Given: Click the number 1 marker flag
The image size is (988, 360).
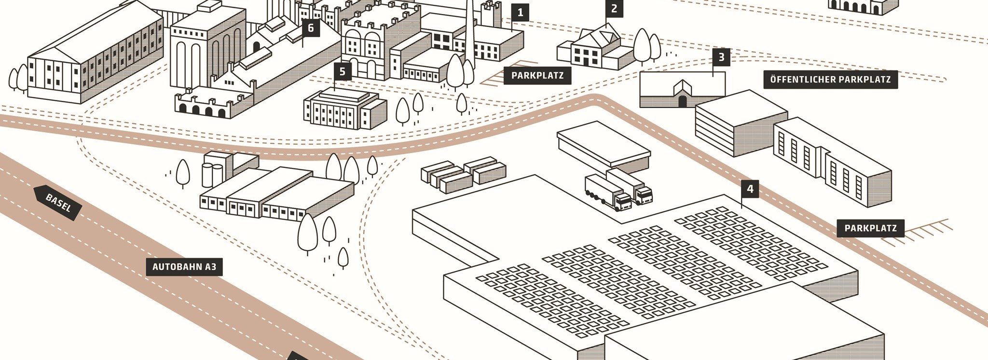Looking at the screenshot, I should (x=520, y=13).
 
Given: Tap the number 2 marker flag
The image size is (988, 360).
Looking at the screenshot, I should (x=614, y=9).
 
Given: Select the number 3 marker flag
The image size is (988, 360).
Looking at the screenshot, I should (x=721, y=57).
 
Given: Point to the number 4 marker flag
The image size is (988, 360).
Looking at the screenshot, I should (x=750, y=189).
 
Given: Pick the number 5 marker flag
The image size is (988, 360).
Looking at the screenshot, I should (x=343, y=72).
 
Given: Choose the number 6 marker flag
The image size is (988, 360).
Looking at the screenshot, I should (x=311, y=28).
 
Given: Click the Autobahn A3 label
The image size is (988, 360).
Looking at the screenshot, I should (x=184, y=267).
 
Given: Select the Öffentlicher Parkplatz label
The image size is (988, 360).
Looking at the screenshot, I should (x=830, y=80).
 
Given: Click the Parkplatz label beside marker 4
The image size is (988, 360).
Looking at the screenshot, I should (x=870, y=228).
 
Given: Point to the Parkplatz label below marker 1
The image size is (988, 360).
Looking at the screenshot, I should (x=537, y=76).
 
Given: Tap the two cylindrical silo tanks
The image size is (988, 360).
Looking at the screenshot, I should (x=212, y=175).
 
